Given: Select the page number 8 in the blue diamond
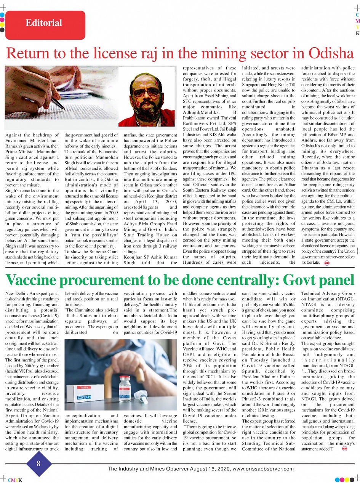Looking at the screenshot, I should point(38,464).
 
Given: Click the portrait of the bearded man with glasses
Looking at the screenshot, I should point(146,98).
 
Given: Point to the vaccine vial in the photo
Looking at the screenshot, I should point(125,388).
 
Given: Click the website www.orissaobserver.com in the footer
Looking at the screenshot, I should point(263,469).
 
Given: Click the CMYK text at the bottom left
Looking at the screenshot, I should point(15,480).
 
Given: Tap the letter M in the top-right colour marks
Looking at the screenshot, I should point(357,21).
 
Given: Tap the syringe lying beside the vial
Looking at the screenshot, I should point(143,398).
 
